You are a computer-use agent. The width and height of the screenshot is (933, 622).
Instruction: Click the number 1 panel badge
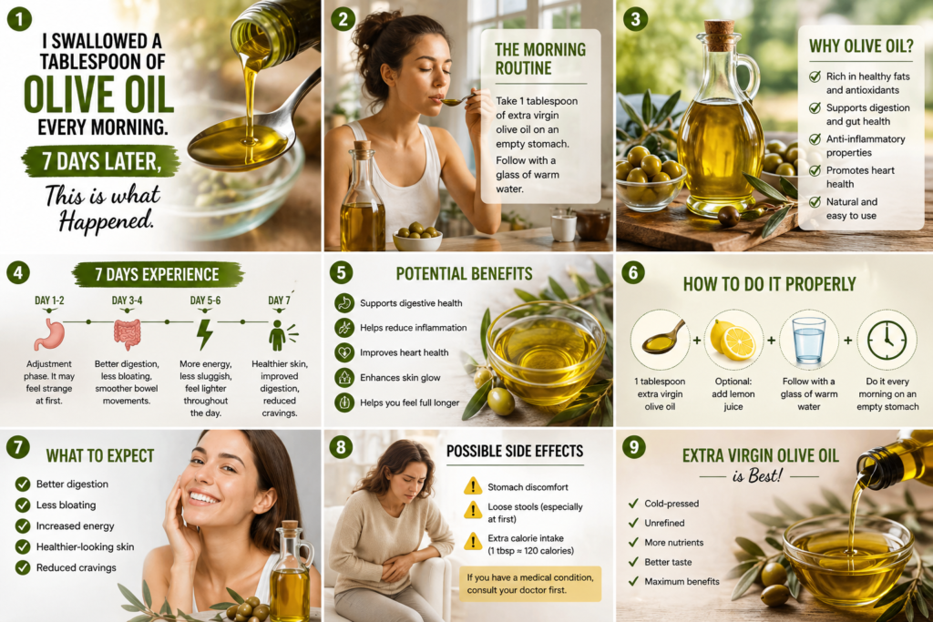pos(19,19)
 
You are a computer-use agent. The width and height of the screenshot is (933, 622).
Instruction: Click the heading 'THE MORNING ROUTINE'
pos(540,59)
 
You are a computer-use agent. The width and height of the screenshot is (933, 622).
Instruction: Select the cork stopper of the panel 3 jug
pos(719,36)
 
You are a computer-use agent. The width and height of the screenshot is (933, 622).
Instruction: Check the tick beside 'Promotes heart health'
pos(815,170)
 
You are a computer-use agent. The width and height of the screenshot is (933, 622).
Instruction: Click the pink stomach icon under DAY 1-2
pos(49,334)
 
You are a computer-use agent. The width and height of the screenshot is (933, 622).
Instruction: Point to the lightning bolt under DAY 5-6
pos(205,334)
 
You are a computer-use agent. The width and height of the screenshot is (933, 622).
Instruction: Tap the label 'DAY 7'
pos(279,301)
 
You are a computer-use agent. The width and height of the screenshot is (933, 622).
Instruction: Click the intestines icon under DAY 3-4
pos(127,334)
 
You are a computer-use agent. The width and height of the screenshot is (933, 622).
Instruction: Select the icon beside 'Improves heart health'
pos(343,352)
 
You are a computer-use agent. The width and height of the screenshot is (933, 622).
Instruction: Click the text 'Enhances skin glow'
pos(400,378)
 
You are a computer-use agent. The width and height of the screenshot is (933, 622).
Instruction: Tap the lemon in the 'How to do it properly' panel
pos(733,341)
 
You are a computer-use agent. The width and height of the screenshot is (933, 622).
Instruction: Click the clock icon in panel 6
pos(887,341)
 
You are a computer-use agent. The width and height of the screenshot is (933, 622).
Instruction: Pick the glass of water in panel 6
pos(809,341)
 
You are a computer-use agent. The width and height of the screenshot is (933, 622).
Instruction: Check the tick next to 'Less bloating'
pos(23,505)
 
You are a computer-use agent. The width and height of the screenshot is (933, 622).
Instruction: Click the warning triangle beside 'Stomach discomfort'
pos(473,486)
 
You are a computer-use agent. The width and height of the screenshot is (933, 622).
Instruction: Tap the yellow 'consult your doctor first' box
pos(530,584)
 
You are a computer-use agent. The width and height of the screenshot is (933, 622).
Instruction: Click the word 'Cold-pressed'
pos(672,504)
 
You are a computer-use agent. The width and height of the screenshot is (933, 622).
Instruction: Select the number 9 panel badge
pos(634,446)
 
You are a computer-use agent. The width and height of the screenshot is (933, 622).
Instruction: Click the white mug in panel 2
pos(563,227)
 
